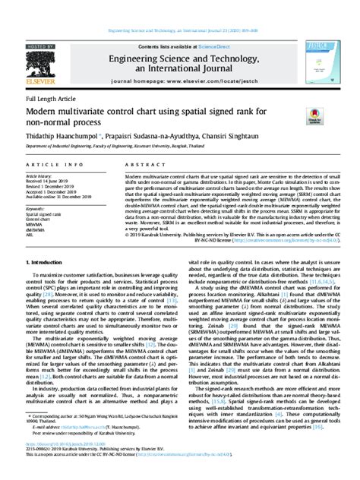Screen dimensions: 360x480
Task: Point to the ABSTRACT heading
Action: [x=130, y=166]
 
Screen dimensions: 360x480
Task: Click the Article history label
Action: [x=43, y=175]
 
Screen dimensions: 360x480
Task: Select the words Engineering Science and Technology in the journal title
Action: [x=181, y=57]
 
